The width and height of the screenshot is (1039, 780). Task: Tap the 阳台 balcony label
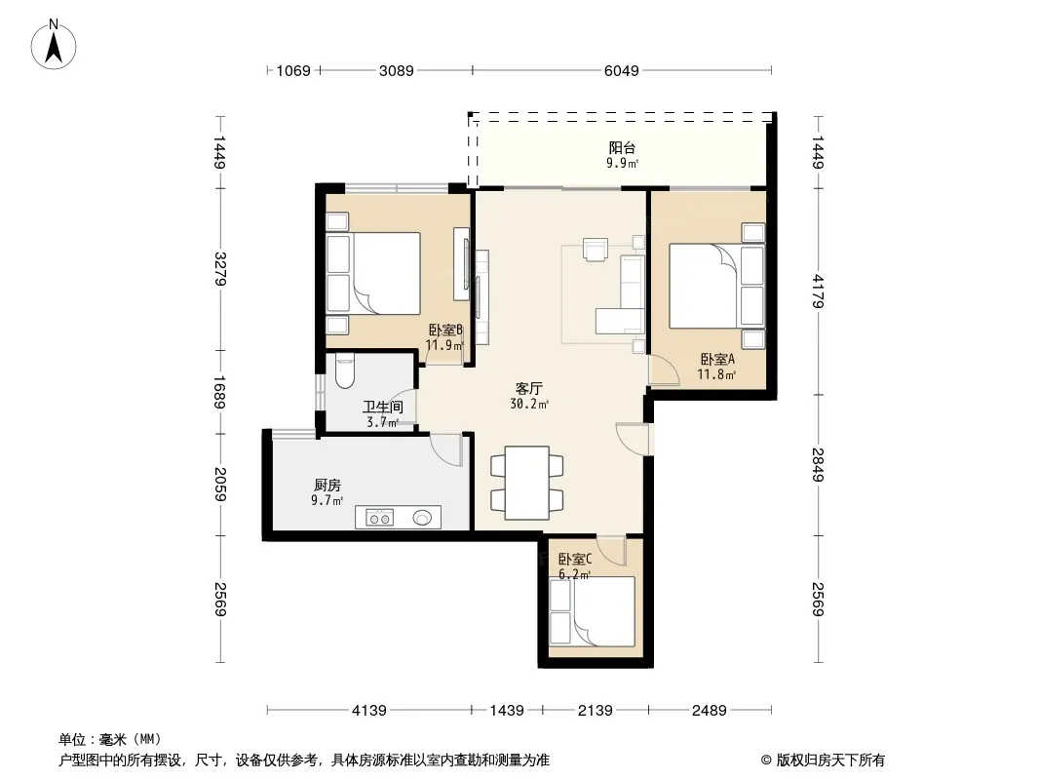click(622, 148)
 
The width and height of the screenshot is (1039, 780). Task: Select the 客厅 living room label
click(529, 388)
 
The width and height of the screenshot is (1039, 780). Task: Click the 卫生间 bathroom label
click(382, 407)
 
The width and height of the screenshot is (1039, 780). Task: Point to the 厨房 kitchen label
click(327, 486)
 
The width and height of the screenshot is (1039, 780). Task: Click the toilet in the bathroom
click(345, 371)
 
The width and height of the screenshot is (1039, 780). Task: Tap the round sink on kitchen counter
click(422, 517)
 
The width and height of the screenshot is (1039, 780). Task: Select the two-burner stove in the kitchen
click(380, 518)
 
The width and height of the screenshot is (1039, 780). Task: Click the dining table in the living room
click(526, 483)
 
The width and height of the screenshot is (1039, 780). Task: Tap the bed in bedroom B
click(373, 273)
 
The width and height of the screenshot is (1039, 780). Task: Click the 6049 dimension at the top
click(622, 70)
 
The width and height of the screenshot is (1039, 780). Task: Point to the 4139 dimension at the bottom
click(369, 711)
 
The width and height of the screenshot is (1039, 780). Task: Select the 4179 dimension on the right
click(818, 291)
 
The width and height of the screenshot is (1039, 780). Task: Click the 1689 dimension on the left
click(220, 393)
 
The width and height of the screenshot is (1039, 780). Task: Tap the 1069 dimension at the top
click(292, 70)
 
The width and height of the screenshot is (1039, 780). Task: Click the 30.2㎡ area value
click(529, 404)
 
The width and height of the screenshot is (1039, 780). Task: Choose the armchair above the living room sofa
click(596, 250)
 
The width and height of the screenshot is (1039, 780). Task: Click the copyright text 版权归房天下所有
click(830, 760)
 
